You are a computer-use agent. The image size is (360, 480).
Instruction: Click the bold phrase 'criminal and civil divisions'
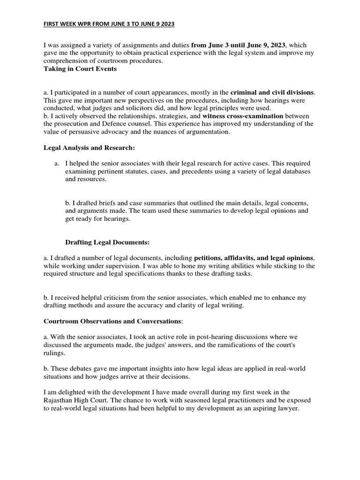click(x=273, y=93)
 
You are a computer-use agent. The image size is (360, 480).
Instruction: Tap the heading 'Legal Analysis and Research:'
click(x=89, y=148)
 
